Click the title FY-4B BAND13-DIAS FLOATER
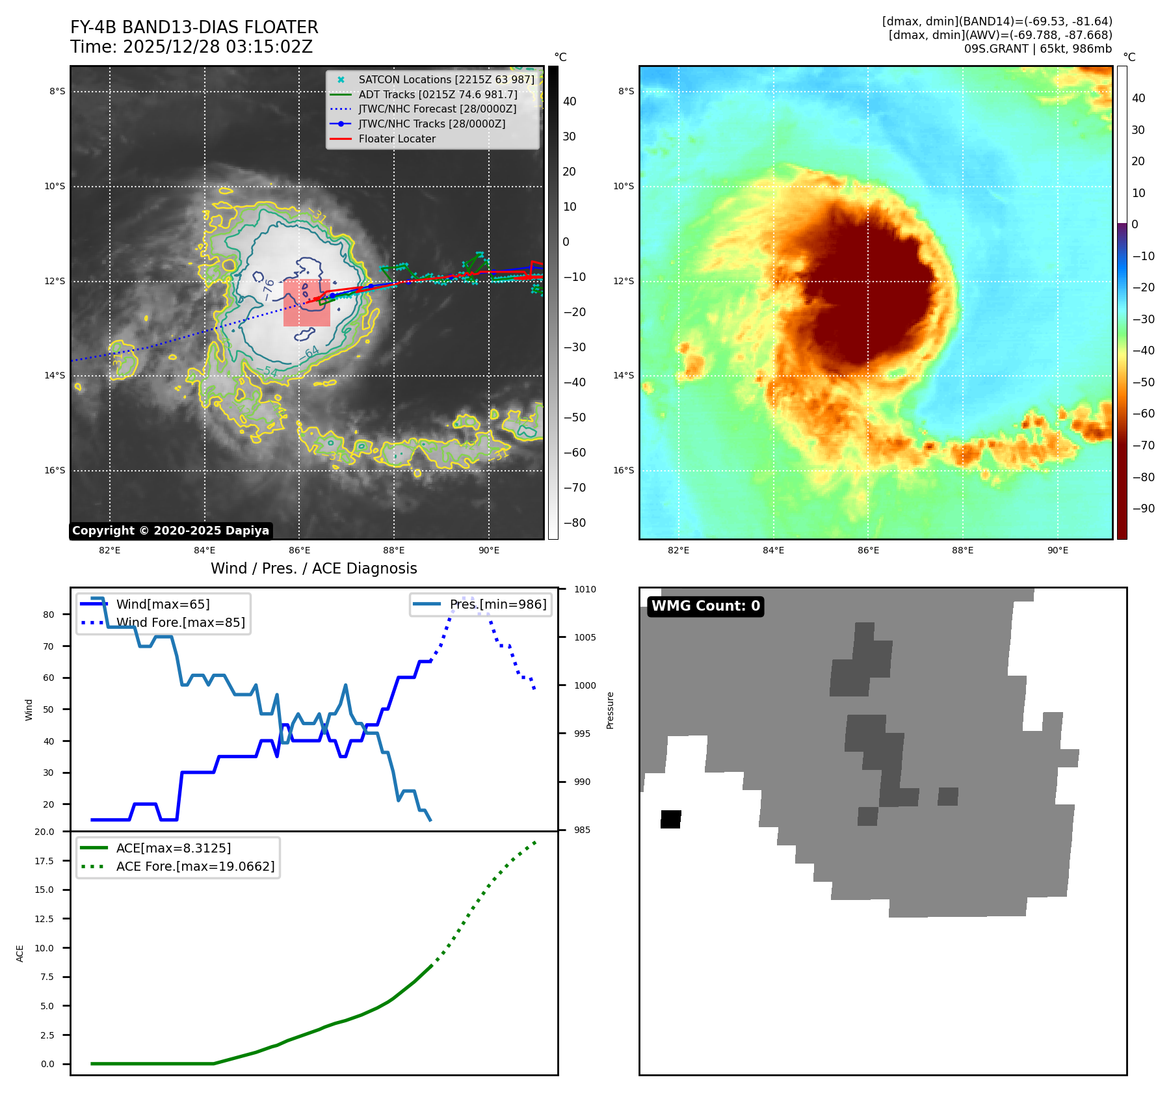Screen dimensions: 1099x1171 (194, 27)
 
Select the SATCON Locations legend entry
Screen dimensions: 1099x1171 (446, 79)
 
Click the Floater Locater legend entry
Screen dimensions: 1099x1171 (397, 139)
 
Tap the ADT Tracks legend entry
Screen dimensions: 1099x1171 (438, 94)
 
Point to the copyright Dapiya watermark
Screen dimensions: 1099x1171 (170, 531)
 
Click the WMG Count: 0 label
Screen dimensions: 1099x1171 (705, 606)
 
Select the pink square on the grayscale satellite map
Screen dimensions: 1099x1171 (307, 303)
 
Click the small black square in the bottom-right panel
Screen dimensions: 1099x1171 (670, 819)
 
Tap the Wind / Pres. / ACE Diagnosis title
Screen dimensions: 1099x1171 (313, 568)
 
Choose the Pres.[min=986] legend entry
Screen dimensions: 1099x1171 (498, 604)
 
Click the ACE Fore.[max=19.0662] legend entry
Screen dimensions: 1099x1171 (195, 866)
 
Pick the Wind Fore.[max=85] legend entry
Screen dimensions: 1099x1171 (181, 622)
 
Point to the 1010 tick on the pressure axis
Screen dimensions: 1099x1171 (585, 589)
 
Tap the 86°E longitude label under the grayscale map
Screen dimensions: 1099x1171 (299, 550)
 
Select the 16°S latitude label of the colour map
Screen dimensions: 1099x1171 (623, 470)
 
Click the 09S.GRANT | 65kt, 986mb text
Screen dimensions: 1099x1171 (1038, 49)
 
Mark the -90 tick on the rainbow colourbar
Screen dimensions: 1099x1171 (1143, 509)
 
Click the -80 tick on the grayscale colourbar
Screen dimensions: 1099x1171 (574, 523)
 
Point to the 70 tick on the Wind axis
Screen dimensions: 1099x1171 (49, 646)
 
